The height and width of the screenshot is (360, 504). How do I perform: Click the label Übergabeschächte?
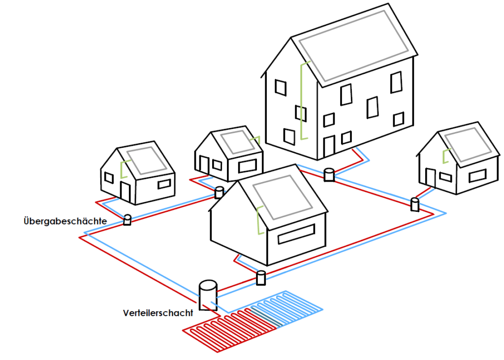coord(64,221)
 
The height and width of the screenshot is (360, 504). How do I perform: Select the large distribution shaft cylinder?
coord(208,295)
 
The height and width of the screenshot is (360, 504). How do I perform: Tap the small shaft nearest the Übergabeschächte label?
coord(127,220)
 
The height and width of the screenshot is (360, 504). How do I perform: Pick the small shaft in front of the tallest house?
coord(329,174)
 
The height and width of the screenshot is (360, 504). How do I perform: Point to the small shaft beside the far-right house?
coord(415,204)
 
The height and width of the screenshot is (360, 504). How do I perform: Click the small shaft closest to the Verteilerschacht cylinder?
coord(261,278)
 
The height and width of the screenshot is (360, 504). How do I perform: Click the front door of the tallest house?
coord(328,146)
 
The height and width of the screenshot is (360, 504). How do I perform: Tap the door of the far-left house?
coord(125,192)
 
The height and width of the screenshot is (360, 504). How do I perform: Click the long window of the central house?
coord(296,234)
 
